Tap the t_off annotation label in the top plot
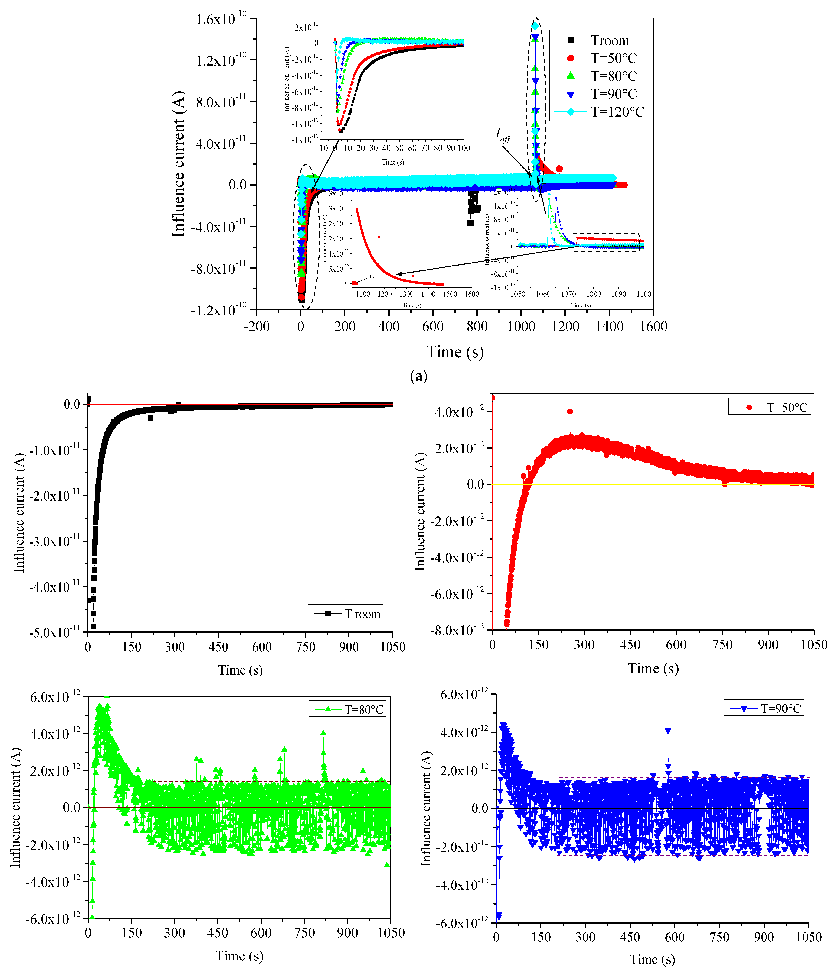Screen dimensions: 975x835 (503, 136)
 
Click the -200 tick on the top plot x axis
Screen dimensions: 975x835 (256, 326)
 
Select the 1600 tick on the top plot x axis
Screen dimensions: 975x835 (653, 326)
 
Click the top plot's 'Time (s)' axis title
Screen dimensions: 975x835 (455, 352)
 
